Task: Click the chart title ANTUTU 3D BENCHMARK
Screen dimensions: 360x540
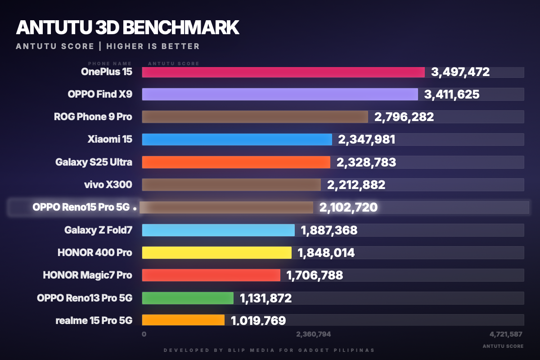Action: click(x=127, y=28)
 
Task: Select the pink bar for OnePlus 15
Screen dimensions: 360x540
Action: click(x=283, y=72)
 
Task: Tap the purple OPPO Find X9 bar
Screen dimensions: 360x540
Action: click(x=280, y=94)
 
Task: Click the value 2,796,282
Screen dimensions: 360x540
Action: click(x=404, y=117)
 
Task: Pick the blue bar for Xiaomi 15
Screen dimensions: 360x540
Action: click(x=237, y=139)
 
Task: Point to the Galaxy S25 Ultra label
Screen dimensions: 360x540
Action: click(x=94, y=162)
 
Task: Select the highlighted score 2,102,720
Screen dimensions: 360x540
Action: click(x=348, y=207)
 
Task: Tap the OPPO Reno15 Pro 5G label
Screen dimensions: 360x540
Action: click(x=81, y=207)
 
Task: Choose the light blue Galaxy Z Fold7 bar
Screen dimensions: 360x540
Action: click(x=218, y=230)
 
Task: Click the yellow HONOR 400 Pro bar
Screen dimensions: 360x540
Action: click(x=216, y=252)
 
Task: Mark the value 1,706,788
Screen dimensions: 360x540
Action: click(x=315, y=275)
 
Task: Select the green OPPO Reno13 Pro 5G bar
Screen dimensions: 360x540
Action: click(x=188, y=298)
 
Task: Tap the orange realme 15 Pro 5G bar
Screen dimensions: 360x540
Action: click(x=183, y=319)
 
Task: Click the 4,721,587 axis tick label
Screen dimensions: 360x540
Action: click(x=506, y=334)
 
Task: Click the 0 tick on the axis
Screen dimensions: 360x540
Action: click(x=144, y=334)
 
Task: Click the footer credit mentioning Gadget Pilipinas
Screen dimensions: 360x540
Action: click(x=269, y=350)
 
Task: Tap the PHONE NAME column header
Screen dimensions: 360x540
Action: click(x=110, y=63)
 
